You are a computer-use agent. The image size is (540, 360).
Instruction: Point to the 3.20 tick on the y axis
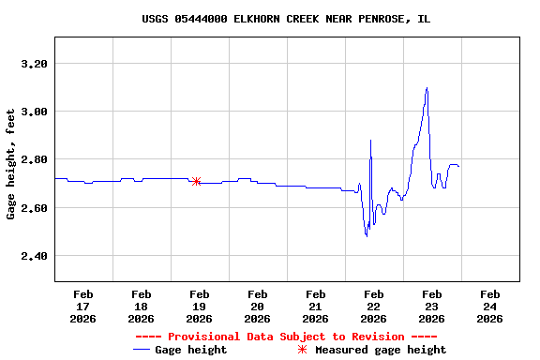click(x=33, y=64)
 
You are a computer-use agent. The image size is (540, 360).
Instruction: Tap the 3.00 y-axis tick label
click(x=33, y=112)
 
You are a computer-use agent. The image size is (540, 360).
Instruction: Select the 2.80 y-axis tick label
click(x=33, y=159)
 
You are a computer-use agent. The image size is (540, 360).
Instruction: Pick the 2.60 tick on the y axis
click(x=33, y=207)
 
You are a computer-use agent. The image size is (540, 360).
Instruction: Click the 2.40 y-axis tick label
click(x=33, y=255)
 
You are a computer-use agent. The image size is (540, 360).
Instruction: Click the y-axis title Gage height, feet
click(x=11, y=163)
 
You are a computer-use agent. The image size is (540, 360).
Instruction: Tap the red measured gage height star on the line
click(x=196, y=181)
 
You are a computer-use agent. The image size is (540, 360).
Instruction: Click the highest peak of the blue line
click(x=427, y=88)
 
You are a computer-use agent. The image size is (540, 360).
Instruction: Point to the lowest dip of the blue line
click(x=366, y=235)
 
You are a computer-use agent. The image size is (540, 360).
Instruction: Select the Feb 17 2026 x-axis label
click(x=82, y=306)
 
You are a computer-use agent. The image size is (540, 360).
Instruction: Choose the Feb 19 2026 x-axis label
click(x=199, y=306)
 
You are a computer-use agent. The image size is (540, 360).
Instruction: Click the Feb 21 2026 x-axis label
click(x=315, y=306)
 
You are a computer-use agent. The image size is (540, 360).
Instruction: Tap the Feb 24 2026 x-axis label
click(x=489, y=306)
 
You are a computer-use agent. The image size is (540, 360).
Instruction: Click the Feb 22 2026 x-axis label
click(x=373, y=306)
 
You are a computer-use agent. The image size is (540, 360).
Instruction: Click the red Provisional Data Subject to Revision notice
click(x=286, y=336)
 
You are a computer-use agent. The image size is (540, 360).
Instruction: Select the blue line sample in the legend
click(x=142, y=350)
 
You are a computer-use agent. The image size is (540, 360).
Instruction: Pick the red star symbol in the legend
click(x=302, y=350)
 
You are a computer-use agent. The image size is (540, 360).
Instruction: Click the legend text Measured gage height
click(x=381, y=350)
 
